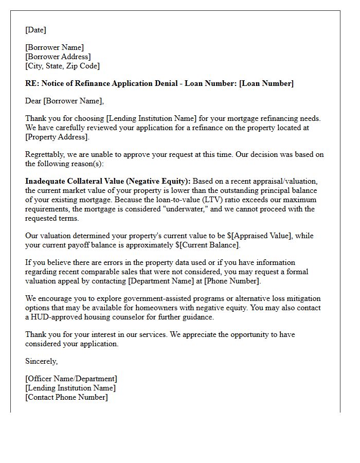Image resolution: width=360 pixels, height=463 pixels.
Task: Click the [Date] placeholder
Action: pyautogui.click(x=35, y=30)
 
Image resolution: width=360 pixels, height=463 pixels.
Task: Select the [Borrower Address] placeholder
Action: pyautogui.click(x=58, y=57)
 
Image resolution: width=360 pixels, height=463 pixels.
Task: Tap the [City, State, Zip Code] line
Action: pyautogui.click(x=63, y=66)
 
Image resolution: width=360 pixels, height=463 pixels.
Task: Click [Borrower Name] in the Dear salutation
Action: pyautogui.click(x=74, y=101)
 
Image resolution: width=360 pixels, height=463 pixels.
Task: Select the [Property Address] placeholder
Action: pyautogui.click(x=57, y=137)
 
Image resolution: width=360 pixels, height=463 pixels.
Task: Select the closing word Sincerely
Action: pyautogui.click(x=42, y=361)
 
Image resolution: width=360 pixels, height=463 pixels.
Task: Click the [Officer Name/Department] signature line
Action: pyautogui.click(x=71, y=379)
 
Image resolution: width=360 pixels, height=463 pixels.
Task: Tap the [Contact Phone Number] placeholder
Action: pyautogui.click(x=67, y=397)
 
